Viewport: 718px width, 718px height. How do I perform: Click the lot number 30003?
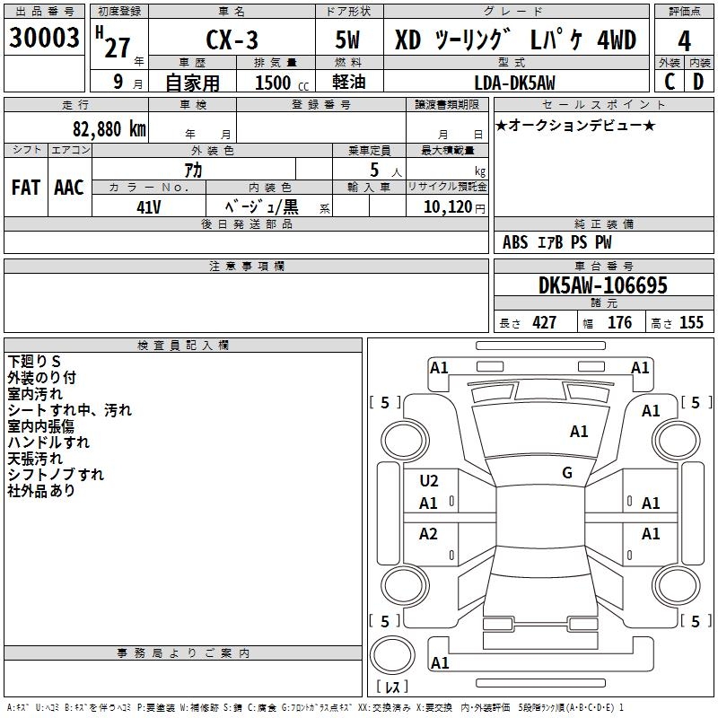(x=44, y=39)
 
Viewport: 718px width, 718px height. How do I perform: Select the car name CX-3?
(x=231, y=40)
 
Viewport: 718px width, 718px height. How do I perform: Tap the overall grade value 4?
(x=685, y=40)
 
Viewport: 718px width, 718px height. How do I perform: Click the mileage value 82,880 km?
(x=103, y=128)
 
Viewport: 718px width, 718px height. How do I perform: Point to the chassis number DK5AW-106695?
(x=603, y=285)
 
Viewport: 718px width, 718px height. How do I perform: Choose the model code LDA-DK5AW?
(x=514, y=83)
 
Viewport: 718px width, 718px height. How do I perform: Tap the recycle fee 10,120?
(x=445, y=206)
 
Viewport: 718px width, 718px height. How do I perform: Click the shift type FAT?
(x=25, y=188)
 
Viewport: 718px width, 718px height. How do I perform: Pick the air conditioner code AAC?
(x=68, y=188)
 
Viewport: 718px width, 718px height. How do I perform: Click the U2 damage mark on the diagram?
(x=429, y=481)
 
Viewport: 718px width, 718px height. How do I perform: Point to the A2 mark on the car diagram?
(x=429, y=534)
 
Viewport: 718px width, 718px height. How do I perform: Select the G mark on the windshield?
(x=567, y=472)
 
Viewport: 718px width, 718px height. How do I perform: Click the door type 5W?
(x=351, y=40)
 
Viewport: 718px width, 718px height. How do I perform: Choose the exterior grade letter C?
(x=670, y=83)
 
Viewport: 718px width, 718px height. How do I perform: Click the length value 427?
(x=544, y=323)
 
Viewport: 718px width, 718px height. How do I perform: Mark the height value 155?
(x=691, y=323)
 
